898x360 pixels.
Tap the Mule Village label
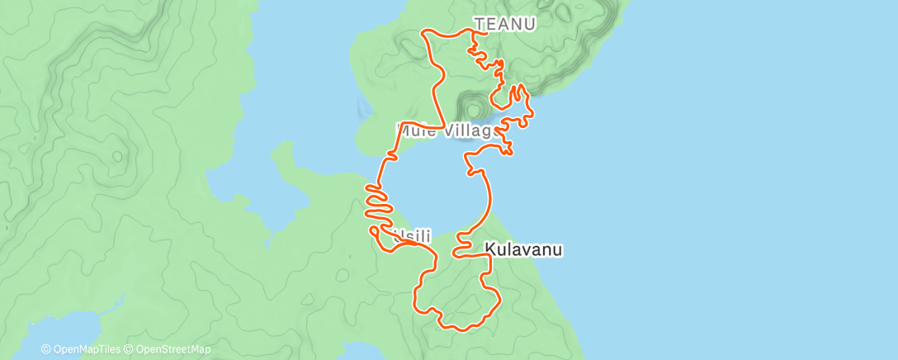(446, 130)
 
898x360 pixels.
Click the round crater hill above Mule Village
(474, 109)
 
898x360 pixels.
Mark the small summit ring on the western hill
(119, 154)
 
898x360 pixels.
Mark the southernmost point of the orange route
(461, 330)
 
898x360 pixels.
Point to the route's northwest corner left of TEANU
(425, 32)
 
